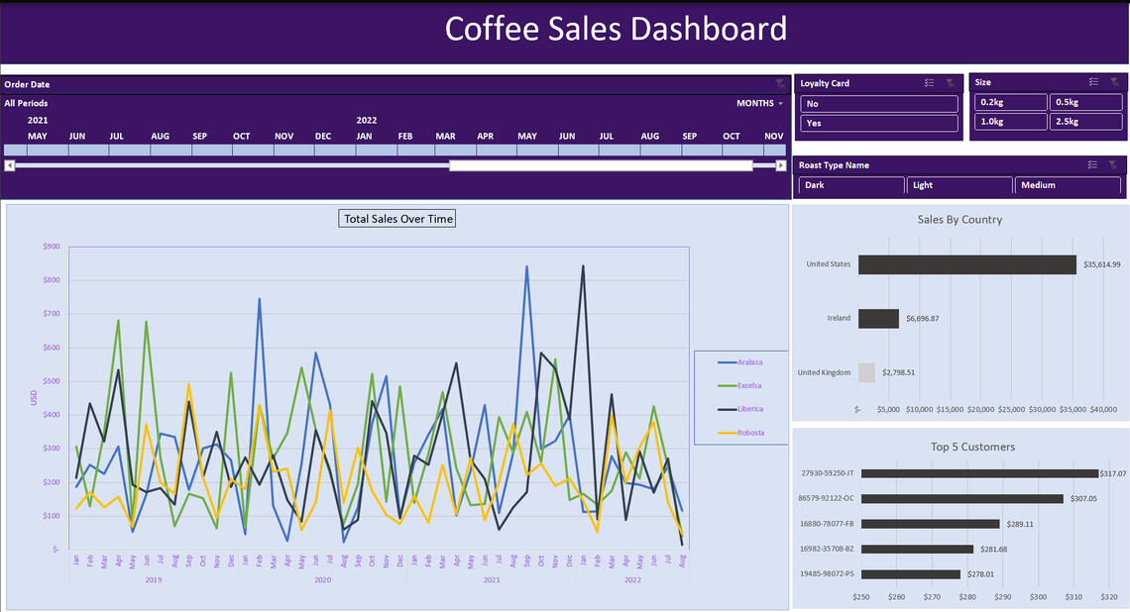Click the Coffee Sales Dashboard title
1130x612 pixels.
tap(616, 29)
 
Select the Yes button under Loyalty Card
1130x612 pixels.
tap(879, 124)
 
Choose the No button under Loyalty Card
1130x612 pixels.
tap(879, 103)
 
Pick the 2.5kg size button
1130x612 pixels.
tap(1085, 122)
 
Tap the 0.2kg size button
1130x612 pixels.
tap(1010, 102)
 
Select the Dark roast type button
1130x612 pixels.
tap(851, 185)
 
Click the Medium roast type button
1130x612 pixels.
tap(1068, 185)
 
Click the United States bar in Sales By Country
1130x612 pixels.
tap(967, 264)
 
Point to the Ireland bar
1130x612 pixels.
tap(878, 319)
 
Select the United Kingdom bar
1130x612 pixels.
tap(866, 372)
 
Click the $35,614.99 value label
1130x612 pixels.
tap(1101, 264)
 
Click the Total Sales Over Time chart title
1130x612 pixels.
tap(397, 219)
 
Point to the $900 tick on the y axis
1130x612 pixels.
tap(51, 247)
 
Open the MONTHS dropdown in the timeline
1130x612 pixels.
tap(759, 103)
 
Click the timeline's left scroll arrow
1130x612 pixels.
tap(9, 165)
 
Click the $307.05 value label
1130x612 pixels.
tap(1083, 499)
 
